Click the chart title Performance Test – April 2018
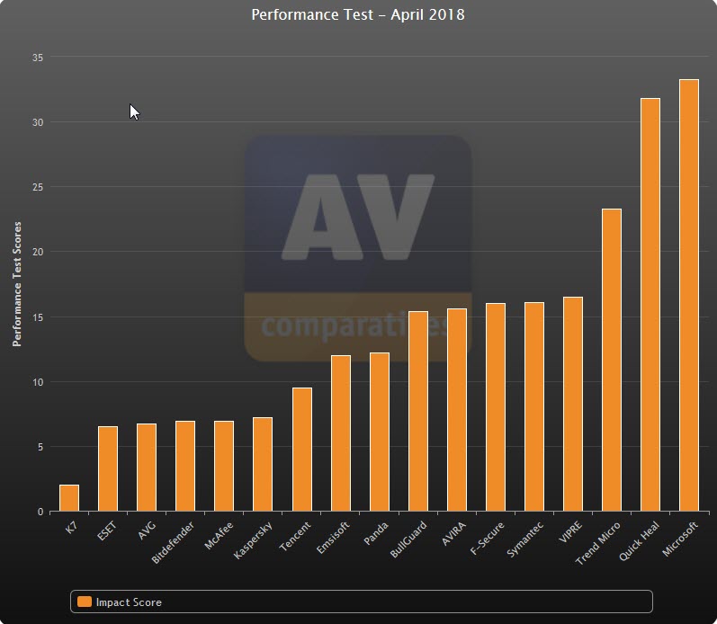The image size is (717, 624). (358, 15)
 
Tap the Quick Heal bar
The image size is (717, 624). (650, 305)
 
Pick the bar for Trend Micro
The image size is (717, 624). (611, 360)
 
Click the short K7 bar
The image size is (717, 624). (69, 498)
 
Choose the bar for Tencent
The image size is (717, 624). (301, 450)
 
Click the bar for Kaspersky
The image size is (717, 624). (263, 464)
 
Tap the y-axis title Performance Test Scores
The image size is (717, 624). (17, 284)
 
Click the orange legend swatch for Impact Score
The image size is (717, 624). (85, 602)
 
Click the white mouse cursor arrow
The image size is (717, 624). (134, 111)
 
